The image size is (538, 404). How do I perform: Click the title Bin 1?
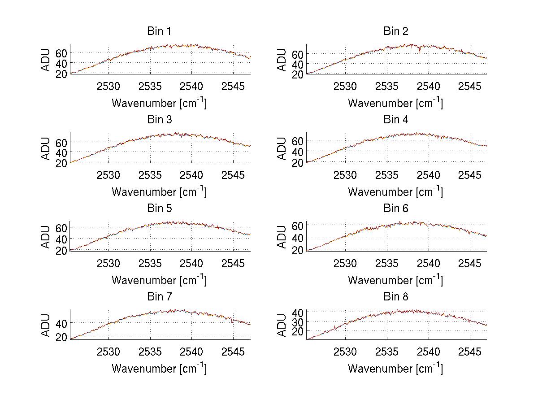[159, 31]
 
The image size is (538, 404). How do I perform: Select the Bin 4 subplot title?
[395, 120]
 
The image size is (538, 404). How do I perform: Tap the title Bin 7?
[159, 297]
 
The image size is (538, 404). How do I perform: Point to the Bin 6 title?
[395, 209]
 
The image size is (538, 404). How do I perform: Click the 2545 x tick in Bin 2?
[470, 86]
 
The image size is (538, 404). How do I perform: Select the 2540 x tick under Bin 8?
[429, 352]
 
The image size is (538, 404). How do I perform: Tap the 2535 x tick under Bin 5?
[150, 263]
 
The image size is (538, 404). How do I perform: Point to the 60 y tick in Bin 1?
[61, 52]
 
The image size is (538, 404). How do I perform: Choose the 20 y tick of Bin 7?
[61, 337]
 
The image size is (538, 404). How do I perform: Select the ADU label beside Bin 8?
[282, 325]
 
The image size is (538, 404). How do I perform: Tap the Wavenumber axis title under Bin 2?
[395, 103]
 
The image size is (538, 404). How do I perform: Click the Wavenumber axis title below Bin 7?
[159, 369]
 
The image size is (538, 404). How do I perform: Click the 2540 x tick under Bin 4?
[429, 175]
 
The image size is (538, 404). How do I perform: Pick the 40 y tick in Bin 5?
[61, 239]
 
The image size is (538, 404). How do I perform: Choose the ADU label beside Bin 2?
[282, 60]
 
